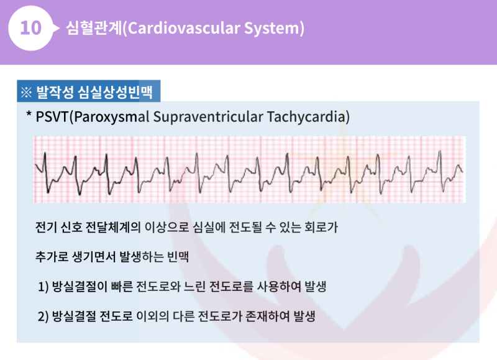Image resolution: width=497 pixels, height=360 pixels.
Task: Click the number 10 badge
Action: click(31, 29)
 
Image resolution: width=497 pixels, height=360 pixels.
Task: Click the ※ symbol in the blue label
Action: click(26, 93)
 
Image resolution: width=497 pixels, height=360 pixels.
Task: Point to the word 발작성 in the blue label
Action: click(55, 93)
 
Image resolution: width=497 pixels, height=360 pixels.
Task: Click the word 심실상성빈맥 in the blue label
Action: click(117, 93)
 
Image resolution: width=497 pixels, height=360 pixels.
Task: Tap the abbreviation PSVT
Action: click(52, 117)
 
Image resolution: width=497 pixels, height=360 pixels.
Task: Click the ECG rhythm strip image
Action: click(249, 169)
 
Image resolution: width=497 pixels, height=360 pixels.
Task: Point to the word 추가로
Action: click(53, 256)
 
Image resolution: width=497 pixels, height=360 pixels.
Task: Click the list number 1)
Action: click(43, 287)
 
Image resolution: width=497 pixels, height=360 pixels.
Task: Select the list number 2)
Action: click(43, 316)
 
